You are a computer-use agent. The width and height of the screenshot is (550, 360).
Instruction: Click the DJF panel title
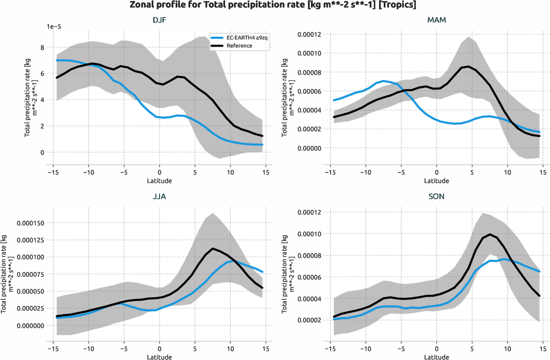pyautogui.click(x=159, y=20)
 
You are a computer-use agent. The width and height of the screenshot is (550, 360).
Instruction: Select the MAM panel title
pyautogui.click(x=437, y=20)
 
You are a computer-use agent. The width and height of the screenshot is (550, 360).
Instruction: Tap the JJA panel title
pyautogui.click(x=159, y=197)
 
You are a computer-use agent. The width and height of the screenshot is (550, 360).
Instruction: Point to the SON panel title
pyautogui.click(x=437, y=197)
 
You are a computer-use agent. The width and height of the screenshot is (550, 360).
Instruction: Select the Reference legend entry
pyautogui.click(x=239, y=46)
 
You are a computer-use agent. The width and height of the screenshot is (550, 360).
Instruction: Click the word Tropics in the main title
pyautogui.click(x=395, y=5)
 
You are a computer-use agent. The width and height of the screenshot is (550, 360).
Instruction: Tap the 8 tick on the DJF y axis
pyautogui.click(x=42, y=48)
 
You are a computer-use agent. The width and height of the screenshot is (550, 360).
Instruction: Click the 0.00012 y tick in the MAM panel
pyautogui.click(x=308, y=35)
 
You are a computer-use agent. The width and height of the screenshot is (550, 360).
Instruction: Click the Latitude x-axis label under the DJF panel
pyautogui.click(x=159, y=181)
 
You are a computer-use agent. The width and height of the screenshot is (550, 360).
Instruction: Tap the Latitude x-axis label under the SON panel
pyautogui.click(x=437, y=357)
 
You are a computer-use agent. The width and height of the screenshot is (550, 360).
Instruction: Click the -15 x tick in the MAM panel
pyautogui.click(x=331, y=172)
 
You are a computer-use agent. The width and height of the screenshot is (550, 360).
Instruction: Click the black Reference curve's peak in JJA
pyautogui.click(x=213, y=248)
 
